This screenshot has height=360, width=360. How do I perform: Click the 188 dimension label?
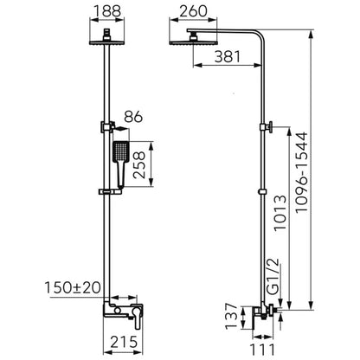(107, 11)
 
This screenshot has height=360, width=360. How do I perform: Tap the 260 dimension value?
(193, 11)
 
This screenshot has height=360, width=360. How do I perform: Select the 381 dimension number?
(228, 57)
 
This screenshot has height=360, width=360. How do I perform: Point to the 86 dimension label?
(133, 117)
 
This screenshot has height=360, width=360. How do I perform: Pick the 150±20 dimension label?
(73, 287)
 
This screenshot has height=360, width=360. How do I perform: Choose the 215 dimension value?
(125, 342)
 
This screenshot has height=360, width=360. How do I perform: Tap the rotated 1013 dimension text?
(280, 213)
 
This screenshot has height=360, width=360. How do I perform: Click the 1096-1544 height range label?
(302, 172)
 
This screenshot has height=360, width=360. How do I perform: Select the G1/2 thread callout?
(273, 276)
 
